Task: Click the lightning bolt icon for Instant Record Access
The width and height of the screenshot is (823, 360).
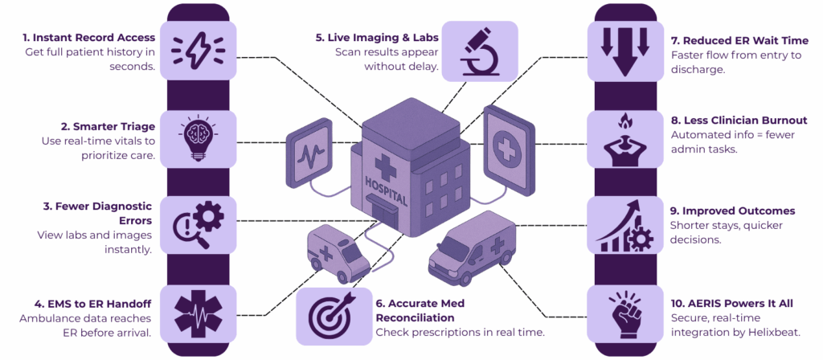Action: pos(198,50)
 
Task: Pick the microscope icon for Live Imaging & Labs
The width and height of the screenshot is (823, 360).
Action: pos(479,50)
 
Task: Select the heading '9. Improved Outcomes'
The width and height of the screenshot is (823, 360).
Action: pos(732,211)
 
